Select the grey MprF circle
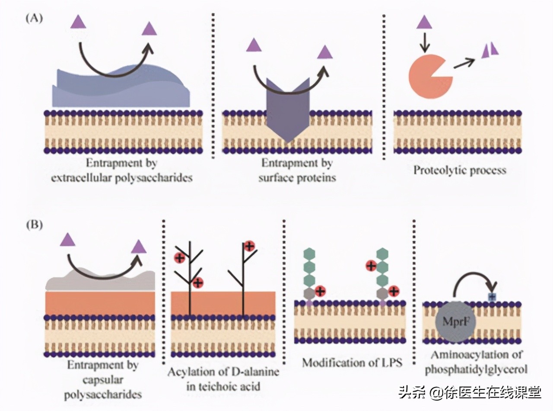coord(452,322)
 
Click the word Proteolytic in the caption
coord(440,170)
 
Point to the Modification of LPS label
coord(352,362)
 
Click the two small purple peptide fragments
coord(490,50)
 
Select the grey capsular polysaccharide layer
coord(99,280)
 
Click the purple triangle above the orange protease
coord(424,22)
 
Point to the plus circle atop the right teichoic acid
coord(249,246)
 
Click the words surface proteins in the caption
coord(297,177)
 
